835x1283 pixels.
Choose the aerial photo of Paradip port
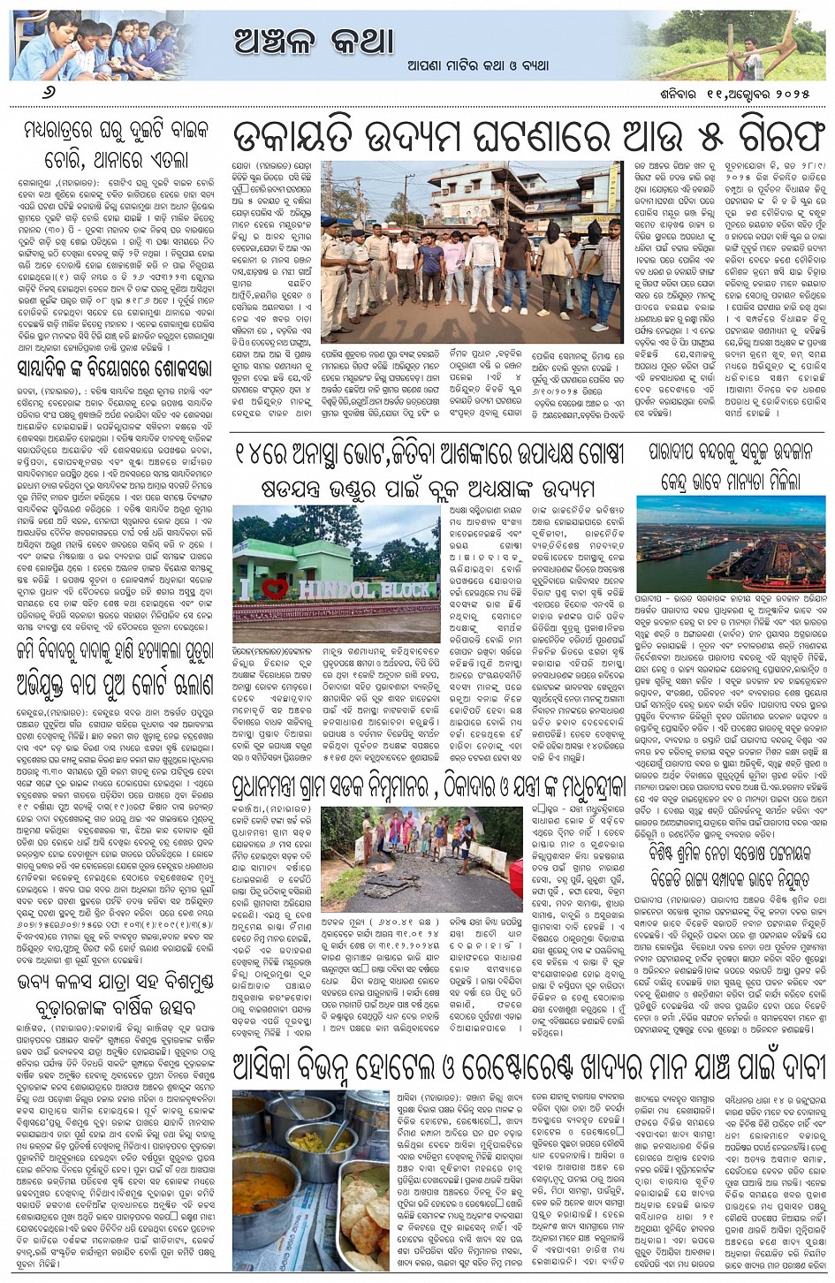(x=730, y=543)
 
